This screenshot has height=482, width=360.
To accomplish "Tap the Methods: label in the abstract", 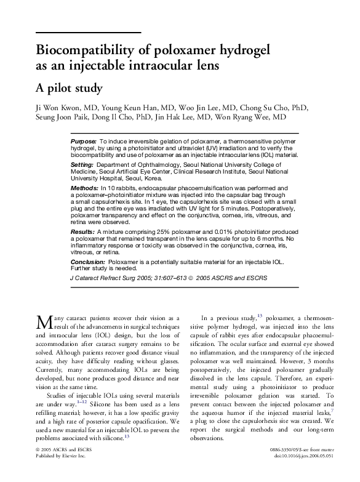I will point(84,187).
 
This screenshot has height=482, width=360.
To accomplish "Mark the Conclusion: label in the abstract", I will point(89,262).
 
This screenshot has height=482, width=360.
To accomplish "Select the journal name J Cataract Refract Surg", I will point(102,278).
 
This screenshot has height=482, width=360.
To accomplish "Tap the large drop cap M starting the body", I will point(43,322).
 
